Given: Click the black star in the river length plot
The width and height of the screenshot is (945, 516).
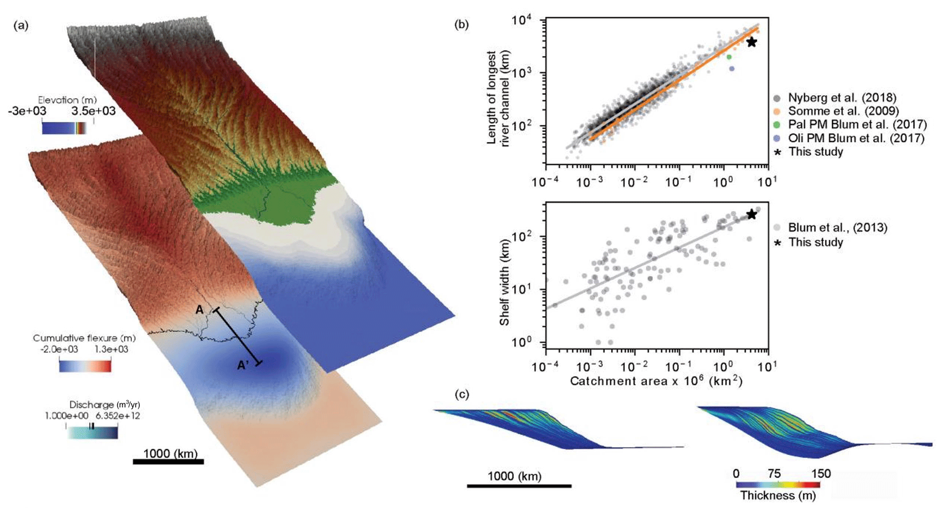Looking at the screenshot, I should [751, 42].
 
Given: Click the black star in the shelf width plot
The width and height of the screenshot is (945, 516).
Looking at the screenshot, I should [751, 214].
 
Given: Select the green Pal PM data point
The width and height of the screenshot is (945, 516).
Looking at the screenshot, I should [729, 57].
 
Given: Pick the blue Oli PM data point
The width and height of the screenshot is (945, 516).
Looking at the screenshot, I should [732, 69].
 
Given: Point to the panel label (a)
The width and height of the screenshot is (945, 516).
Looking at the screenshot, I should [21, 26].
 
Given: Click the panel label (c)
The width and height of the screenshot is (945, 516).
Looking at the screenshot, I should [463, 394].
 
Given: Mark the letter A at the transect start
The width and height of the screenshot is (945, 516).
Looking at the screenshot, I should [199, 310].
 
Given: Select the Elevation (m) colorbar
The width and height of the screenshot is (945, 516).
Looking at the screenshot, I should [64, 128].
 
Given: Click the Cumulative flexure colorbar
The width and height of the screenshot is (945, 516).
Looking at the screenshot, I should [85, 366].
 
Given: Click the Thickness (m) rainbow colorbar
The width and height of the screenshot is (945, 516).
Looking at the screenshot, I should [778, 484].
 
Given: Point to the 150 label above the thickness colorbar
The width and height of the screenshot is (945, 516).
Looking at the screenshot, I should [821, 473].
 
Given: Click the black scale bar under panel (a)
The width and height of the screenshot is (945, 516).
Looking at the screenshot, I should [168, 462].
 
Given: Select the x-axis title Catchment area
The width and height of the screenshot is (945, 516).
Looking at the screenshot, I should [656, 381].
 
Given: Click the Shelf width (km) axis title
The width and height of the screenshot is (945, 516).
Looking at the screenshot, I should [505, 282].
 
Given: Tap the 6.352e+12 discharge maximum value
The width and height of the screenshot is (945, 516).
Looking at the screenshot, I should [117, 416].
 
